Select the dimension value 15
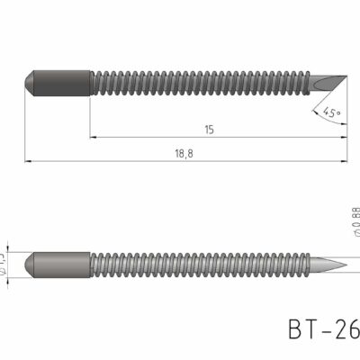coord(209,130)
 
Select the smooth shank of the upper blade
coord(63,83)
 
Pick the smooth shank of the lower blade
coord(63,265)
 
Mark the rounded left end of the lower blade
coord(29,265)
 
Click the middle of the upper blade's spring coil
coord(202,83)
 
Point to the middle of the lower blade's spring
coord(202,265)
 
